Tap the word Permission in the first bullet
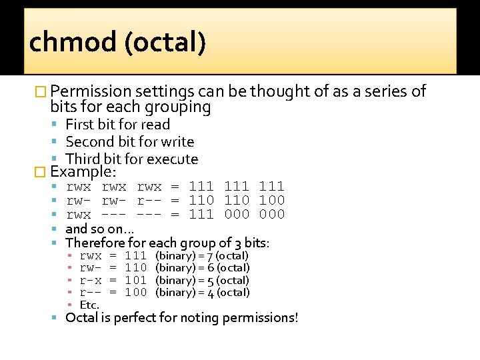click(x=90, y=91)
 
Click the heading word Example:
click(x=79, y=172)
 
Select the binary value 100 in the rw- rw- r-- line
click(x=271, y=200)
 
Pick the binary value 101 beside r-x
click(x=136, y=281)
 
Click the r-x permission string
click(x=91, y=281)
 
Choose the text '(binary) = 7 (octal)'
click(x=201, y=256)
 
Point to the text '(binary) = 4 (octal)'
click(x=201, y=293)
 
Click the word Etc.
click(x=89, y=305)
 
